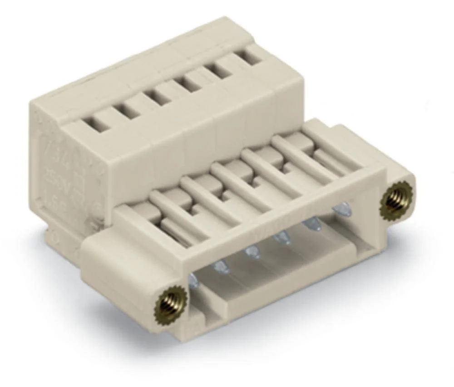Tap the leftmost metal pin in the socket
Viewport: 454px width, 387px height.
[x=192, y=278]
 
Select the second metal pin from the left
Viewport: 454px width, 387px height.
[x=221, y=266]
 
